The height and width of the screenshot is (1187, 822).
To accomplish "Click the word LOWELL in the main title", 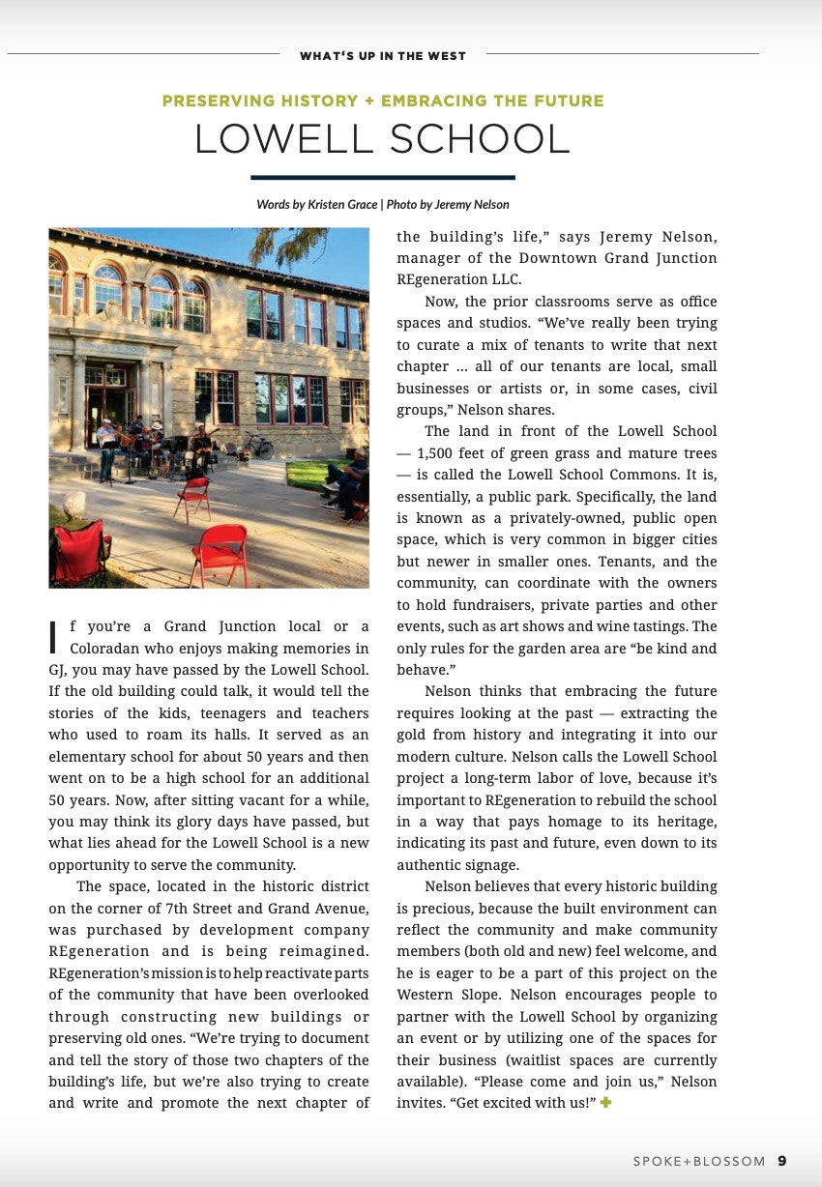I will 277,140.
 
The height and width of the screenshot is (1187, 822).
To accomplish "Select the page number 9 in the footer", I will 781,1161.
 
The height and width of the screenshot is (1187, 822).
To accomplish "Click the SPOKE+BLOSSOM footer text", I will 699,1161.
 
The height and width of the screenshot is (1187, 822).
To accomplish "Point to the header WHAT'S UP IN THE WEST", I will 383,56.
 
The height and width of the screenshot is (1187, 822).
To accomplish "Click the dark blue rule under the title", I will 383,177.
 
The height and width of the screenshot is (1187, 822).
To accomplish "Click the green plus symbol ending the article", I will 605,1102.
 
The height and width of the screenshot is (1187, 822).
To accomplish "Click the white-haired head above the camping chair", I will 74,505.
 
